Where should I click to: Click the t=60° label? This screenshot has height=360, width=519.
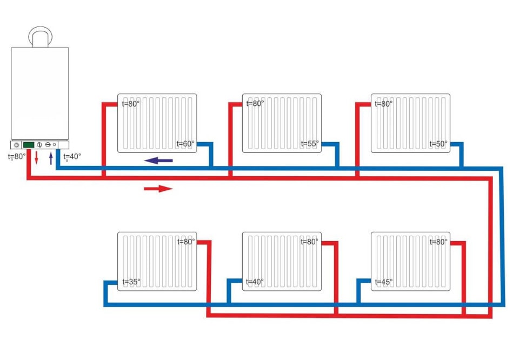[185, 144]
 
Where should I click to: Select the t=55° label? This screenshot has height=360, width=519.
[310, 144]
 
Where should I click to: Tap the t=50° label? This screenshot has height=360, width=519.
[438, 144]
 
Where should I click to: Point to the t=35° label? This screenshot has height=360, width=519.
[131, 282]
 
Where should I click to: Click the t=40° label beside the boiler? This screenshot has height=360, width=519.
[72, 157]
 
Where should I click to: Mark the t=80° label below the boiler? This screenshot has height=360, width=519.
[17, 157]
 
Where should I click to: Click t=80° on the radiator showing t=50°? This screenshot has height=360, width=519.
[383, 104]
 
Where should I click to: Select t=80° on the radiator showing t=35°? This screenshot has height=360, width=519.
[185, 242]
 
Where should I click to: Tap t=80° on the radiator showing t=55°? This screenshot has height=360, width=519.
[255, 104]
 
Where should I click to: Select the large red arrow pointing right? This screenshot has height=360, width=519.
[158, 189]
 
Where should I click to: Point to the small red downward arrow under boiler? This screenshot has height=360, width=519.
[37, 158]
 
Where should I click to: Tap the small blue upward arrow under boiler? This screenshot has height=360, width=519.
[51, 158]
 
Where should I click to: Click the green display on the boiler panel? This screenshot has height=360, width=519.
[29, 145]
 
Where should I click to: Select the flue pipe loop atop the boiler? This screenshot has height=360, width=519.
[41, 36]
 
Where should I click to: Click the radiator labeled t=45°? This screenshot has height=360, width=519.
[410, 262]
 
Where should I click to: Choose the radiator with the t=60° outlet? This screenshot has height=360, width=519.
[157, 123]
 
